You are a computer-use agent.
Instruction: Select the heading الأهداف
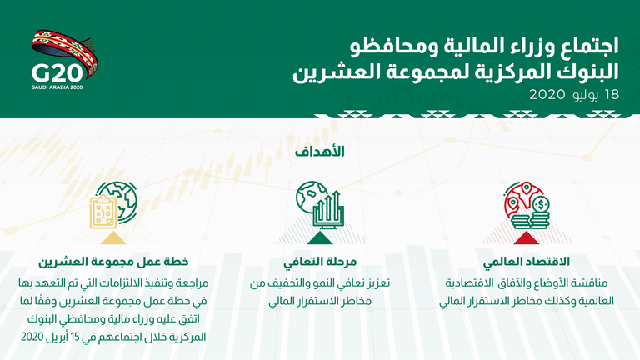tap(320, 152)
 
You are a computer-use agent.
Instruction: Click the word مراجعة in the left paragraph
tap(183, 283)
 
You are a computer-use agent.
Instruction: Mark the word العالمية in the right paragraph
tap(594, 302)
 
